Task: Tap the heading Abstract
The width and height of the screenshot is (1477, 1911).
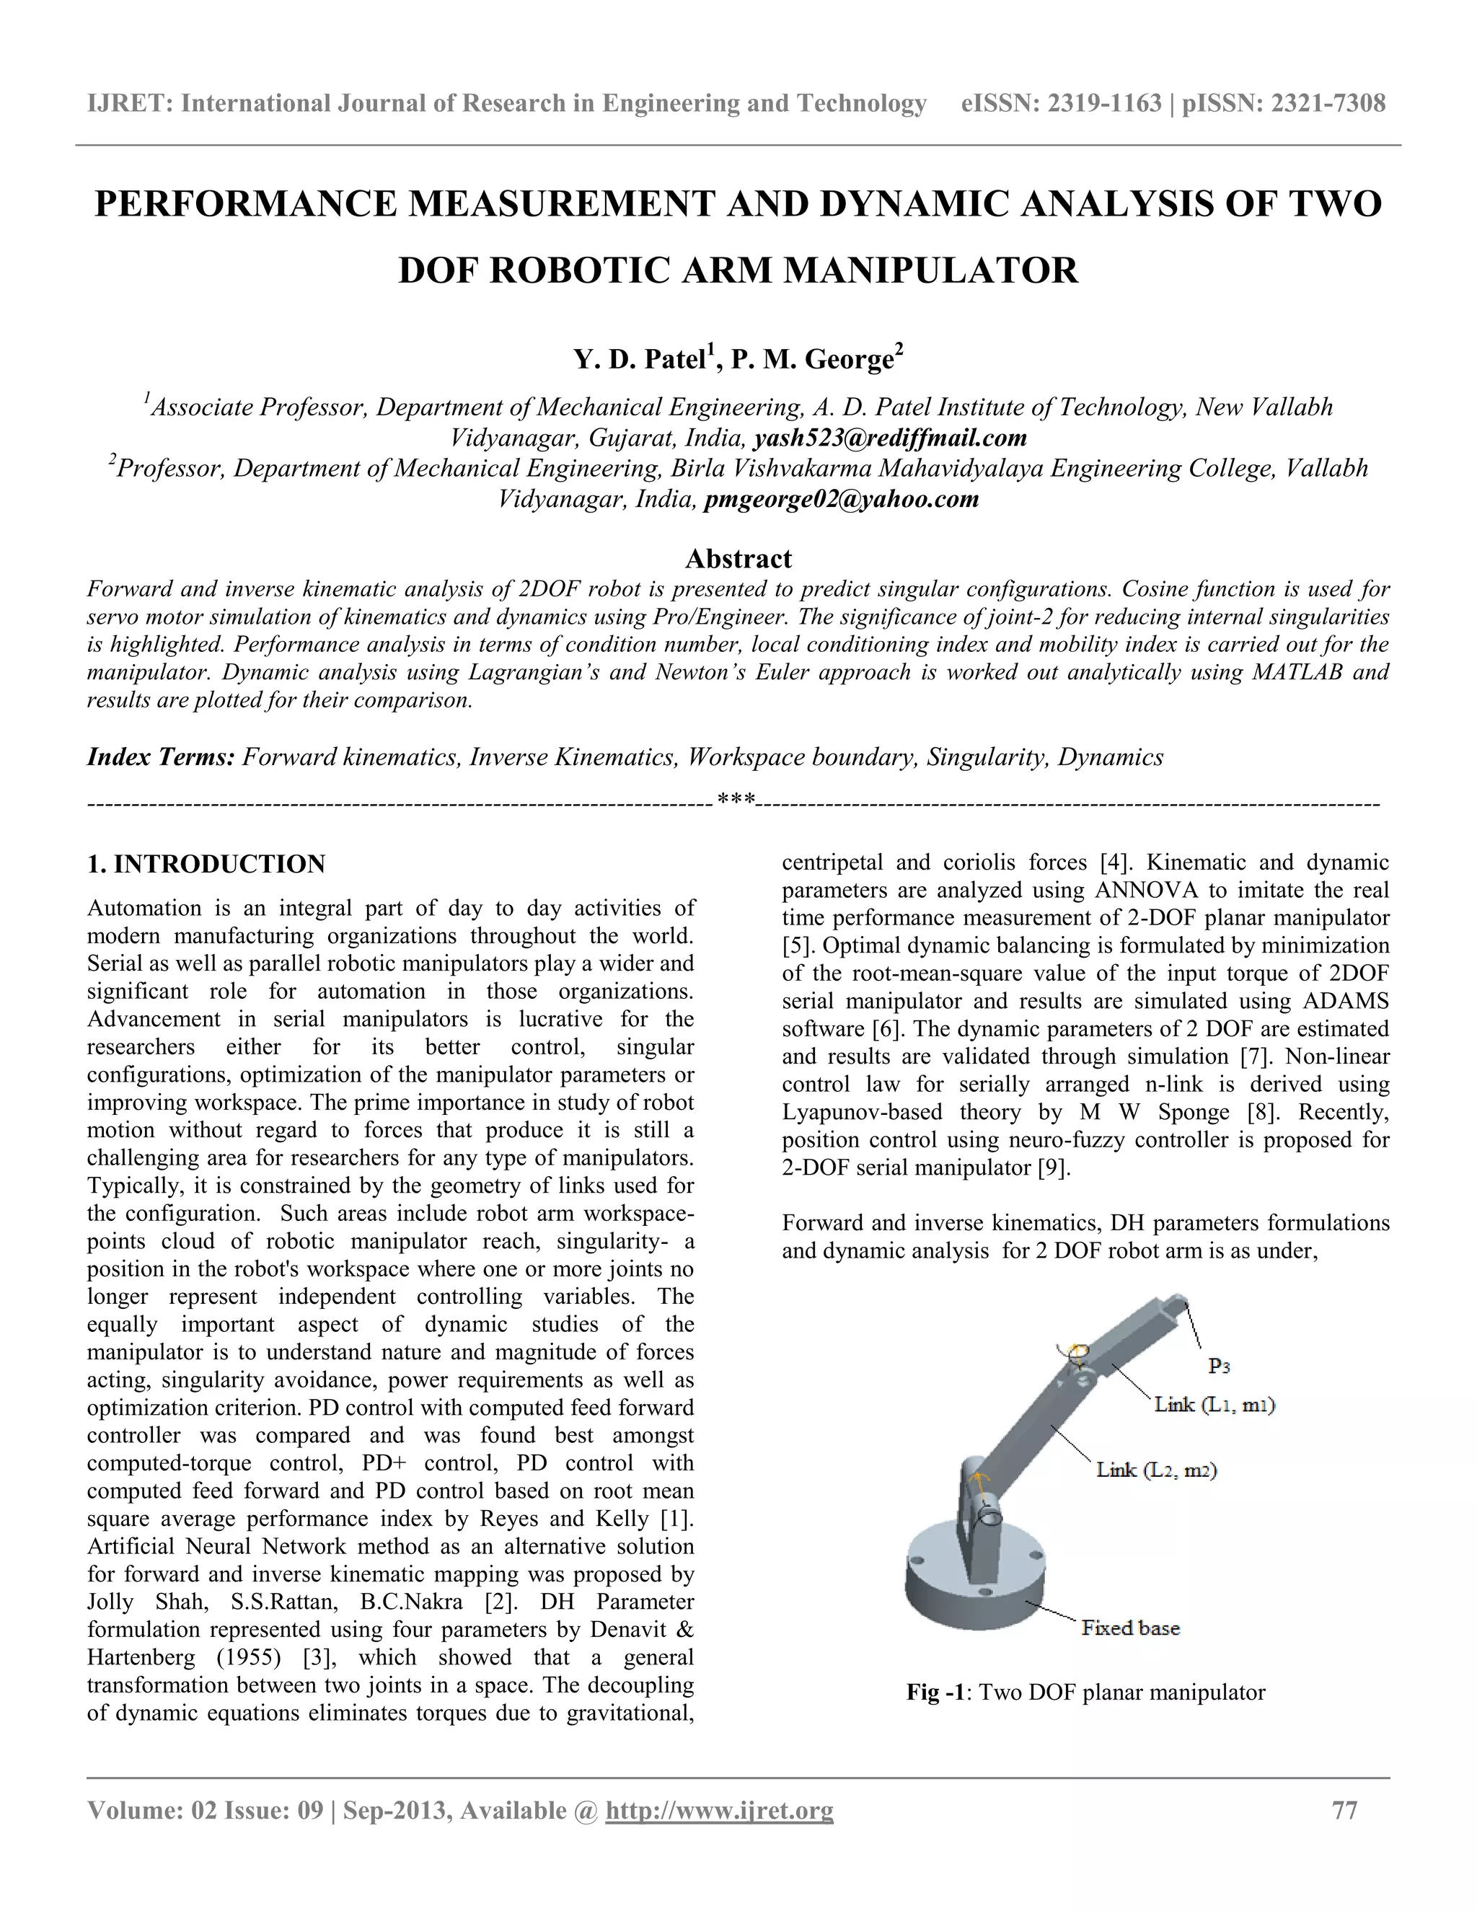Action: click(x=738, y=558)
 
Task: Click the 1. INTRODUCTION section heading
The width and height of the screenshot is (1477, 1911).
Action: click(x=206, y=865)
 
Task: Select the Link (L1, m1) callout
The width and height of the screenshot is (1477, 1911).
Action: click(x=1214, y=1405)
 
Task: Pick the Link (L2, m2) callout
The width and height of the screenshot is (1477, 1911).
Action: click(x=1157, y=1470)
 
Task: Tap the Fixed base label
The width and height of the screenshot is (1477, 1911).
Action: click(x=1131, y=1628)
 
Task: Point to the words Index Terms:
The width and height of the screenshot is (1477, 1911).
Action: click(x=160, y=757)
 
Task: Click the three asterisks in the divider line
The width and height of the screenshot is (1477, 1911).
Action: click(x=736, y=800)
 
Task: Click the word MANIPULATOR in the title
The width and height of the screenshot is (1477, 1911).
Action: click(x=930, y=270)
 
